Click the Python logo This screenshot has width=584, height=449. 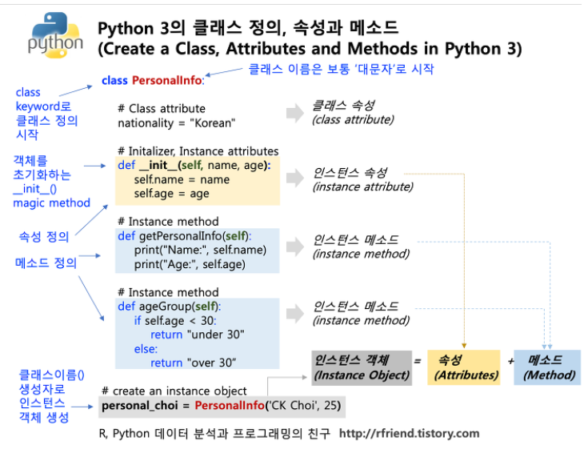pyautogui.click(x=54, y=36)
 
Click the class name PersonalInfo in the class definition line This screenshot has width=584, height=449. pyautogui.click(x=167, y=81)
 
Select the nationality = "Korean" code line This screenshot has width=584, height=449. pyautogui.click(x=176, y=123)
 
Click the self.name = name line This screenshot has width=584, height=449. pyautogui.click(x=182, y=179)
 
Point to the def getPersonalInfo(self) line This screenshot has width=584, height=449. pyautogui.click(x=184, y=236)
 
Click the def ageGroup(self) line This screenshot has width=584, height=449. pyautogui.click(x=169, y=307)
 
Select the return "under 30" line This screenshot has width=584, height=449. pyautogui.click(x=197, y=335)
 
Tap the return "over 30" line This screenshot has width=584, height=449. pyautogui.click(x=193, y=363)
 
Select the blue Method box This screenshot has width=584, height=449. pyautogui.click(x=547, y=367)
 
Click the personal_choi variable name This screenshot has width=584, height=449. pyautogui.click(x=135, y=407)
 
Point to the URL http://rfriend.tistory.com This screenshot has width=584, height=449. pyautogui.click(x=409, y=433)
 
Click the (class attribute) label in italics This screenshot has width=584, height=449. pyautogui.click(x=353, y=120)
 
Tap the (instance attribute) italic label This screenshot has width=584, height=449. pyautogui.click(x=362, y=186)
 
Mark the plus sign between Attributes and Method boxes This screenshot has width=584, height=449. pyautogui.click(x=510, y=361)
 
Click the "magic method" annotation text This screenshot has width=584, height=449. pyautogui.click(x=51, y=202)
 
